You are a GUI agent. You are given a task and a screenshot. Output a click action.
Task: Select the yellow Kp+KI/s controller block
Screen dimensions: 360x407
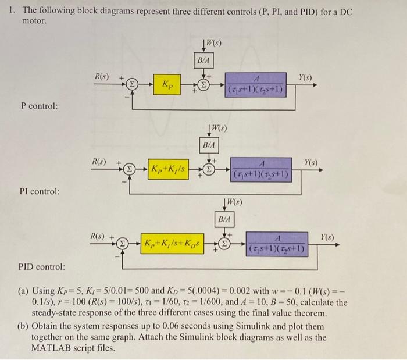(x=171, y=169)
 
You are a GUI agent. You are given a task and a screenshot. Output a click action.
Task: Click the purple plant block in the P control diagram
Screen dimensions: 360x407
(x=252, y=84)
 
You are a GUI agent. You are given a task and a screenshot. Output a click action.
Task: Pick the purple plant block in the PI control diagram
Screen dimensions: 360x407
(x=260, y=169)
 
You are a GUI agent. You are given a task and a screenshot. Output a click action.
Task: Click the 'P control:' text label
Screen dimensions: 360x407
(x=39, y=106)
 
